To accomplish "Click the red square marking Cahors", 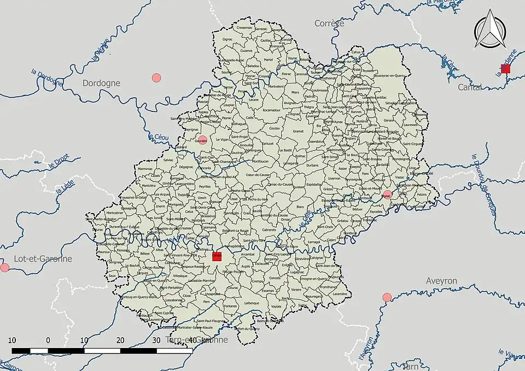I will [x=217, y=256].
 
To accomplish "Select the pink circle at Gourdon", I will [x=202, y=140].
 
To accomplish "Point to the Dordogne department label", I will [x=101, y=84].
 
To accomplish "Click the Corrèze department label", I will [x=329, y=23].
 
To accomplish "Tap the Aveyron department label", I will [x=441, y=281].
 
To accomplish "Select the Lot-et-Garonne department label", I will [x=36, y=259].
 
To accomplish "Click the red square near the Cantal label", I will [x=505, y=69].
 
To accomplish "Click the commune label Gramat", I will [x=298, y=131].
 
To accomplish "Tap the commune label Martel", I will [x=268, y=60].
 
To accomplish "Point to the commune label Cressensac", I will [x=243, y=27].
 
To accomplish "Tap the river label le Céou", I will [x=157, y=138].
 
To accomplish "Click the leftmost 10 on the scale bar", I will [x=12, y=340].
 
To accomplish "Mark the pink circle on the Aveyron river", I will [x=387, y=297].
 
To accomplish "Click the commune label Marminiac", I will [x=145, y=169].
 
